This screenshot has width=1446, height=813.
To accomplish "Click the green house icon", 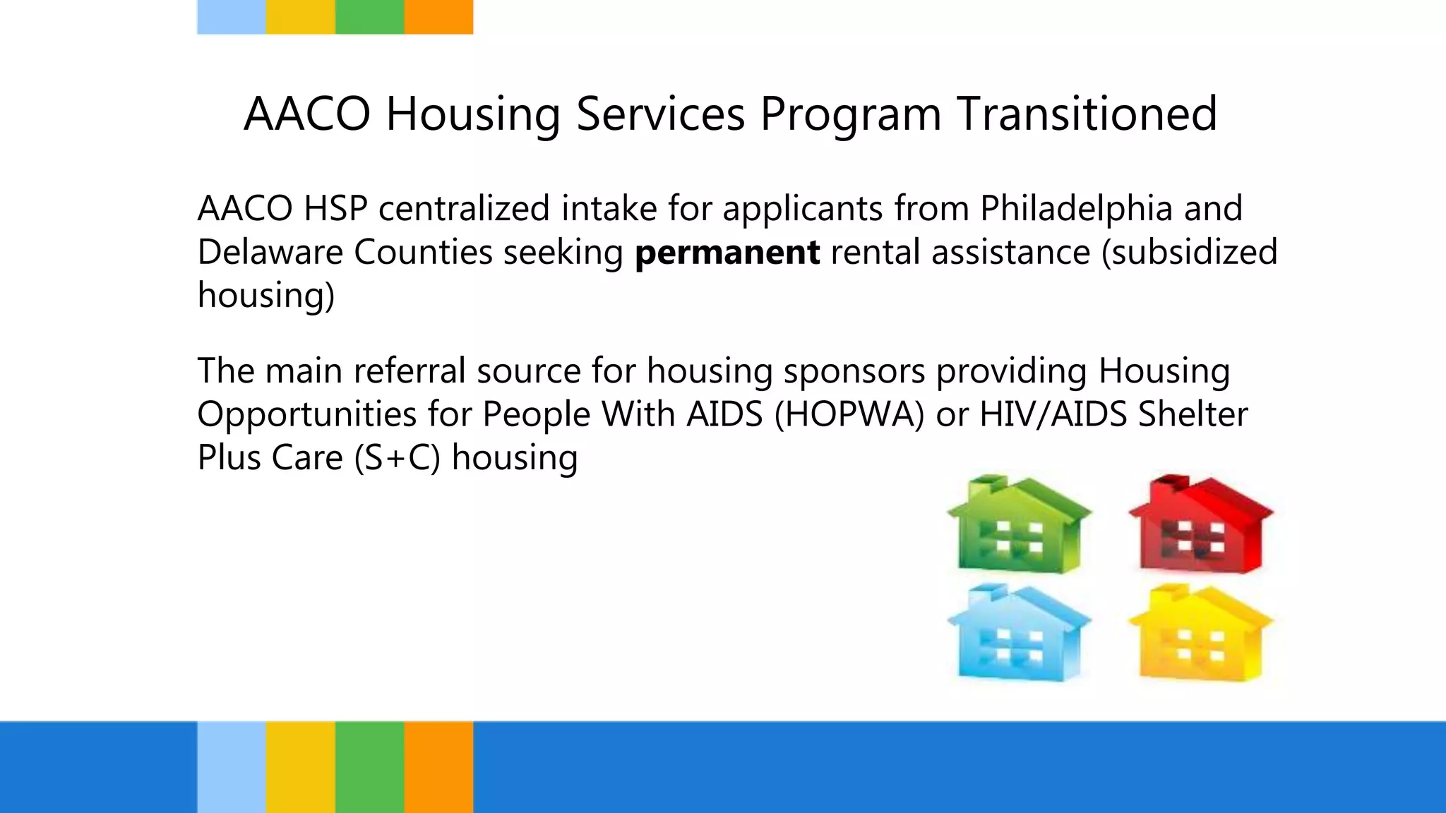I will [1019, 526].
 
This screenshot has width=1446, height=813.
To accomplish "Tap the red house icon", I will [1201, 526].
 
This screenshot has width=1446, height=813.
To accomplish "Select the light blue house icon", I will [1019, 635].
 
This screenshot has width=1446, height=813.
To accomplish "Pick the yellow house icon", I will [1201, 635].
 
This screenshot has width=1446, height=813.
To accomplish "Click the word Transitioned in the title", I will [1087, 114].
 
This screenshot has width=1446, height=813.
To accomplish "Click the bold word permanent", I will [727, 253].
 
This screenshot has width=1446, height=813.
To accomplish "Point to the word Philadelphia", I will [1075, 209].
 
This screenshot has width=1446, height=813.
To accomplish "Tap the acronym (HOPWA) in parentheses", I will [849, 414].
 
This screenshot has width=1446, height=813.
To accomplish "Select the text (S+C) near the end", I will [397, 457].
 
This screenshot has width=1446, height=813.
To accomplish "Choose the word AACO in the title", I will [306, 114].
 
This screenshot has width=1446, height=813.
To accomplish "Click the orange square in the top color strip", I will [438, 17].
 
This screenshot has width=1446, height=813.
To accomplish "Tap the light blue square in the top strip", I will [232, 17].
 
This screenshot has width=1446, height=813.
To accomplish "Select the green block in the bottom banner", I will [369, 767].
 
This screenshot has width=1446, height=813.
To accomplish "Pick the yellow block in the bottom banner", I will [300, 767].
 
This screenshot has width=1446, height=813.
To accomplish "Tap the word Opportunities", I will [306, 414].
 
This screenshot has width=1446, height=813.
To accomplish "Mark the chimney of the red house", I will [1169, 483].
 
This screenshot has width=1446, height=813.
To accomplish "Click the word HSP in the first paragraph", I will [335, 209].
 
